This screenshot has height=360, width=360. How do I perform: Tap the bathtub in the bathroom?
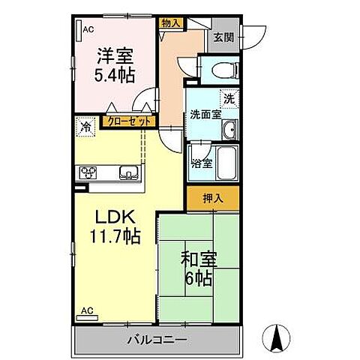coord(227,163)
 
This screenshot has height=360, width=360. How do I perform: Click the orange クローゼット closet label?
coord(130,120)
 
